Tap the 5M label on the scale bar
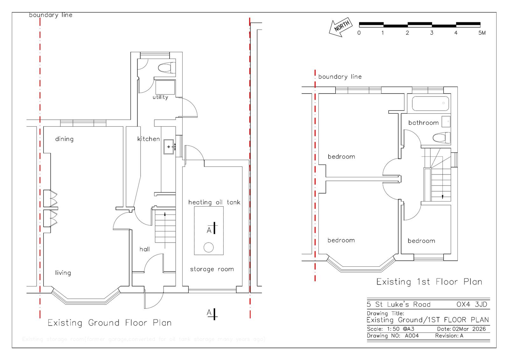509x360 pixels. click(x=482, y=33)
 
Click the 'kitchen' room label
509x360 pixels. click(x=148, y=139)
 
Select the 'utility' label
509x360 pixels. click(x=160, y=97)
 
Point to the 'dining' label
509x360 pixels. click(x=64, y=139)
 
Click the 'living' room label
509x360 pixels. click(x=63, y=272)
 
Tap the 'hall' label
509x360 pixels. click(x=145, y=249)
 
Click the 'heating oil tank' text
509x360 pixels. click(x=214, y=202)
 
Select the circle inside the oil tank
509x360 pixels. click(x=209, y=247)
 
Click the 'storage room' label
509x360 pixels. click(x=212, y=269)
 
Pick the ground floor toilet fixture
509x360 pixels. click(x=167, y=67)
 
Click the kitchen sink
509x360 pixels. click(x=169, y=146)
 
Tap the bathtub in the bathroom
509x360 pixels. click(x=430, y=103)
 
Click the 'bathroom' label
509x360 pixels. click(x=423, y=123)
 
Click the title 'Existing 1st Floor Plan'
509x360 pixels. click(x=429, y=282)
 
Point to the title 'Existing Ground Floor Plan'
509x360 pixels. click(x=109, y=323)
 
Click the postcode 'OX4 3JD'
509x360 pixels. click(x=471, y=304)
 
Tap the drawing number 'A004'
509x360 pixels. click(x=412, y=335)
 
